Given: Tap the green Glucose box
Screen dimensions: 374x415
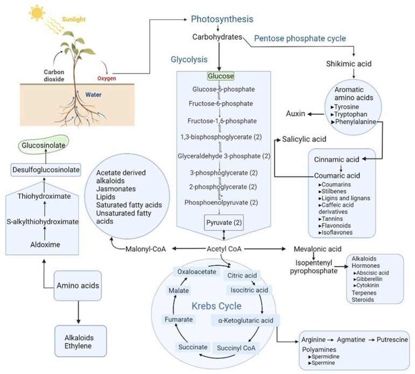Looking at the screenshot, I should pos(220,77).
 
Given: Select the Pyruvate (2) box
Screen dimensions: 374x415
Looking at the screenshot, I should pos(220,221).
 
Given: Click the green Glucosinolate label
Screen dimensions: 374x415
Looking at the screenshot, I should pos(45,146).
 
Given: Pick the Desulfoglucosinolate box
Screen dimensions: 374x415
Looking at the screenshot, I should pos(46,170).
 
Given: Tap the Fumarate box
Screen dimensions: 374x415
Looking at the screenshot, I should pos(175,321).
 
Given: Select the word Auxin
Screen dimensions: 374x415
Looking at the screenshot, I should pos(294,114).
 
